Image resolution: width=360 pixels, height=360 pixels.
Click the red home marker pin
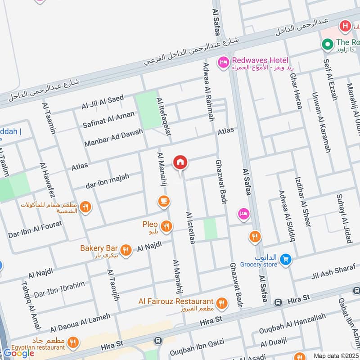coord(180,162)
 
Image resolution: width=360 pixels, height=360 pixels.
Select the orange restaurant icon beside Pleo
coord(166,226)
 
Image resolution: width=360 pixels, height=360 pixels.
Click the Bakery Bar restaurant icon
coord(126,250)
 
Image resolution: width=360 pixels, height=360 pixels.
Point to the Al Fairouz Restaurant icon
coord(221,303)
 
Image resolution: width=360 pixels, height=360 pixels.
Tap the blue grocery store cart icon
coord(285,259)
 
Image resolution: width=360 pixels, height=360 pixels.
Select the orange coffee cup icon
coord(164,201)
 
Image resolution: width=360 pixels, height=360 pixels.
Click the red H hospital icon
coord(346,26)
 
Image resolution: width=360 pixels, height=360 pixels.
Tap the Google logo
coord(19,353)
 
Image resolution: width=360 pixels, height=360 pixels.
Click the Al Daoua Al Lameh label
coord(80,323)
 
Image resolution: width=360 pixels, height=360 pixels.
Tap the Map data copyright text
coord(336,355)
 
